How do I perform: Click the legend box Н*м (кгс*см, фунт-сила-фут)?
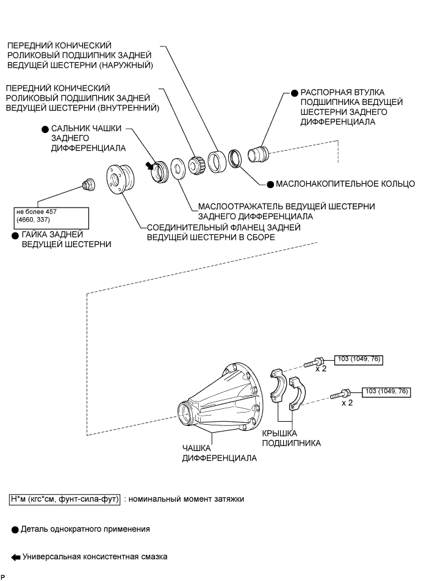[x=65, y=499]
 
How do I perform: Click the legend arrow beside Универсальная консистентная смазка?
[x=15, y=557]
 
